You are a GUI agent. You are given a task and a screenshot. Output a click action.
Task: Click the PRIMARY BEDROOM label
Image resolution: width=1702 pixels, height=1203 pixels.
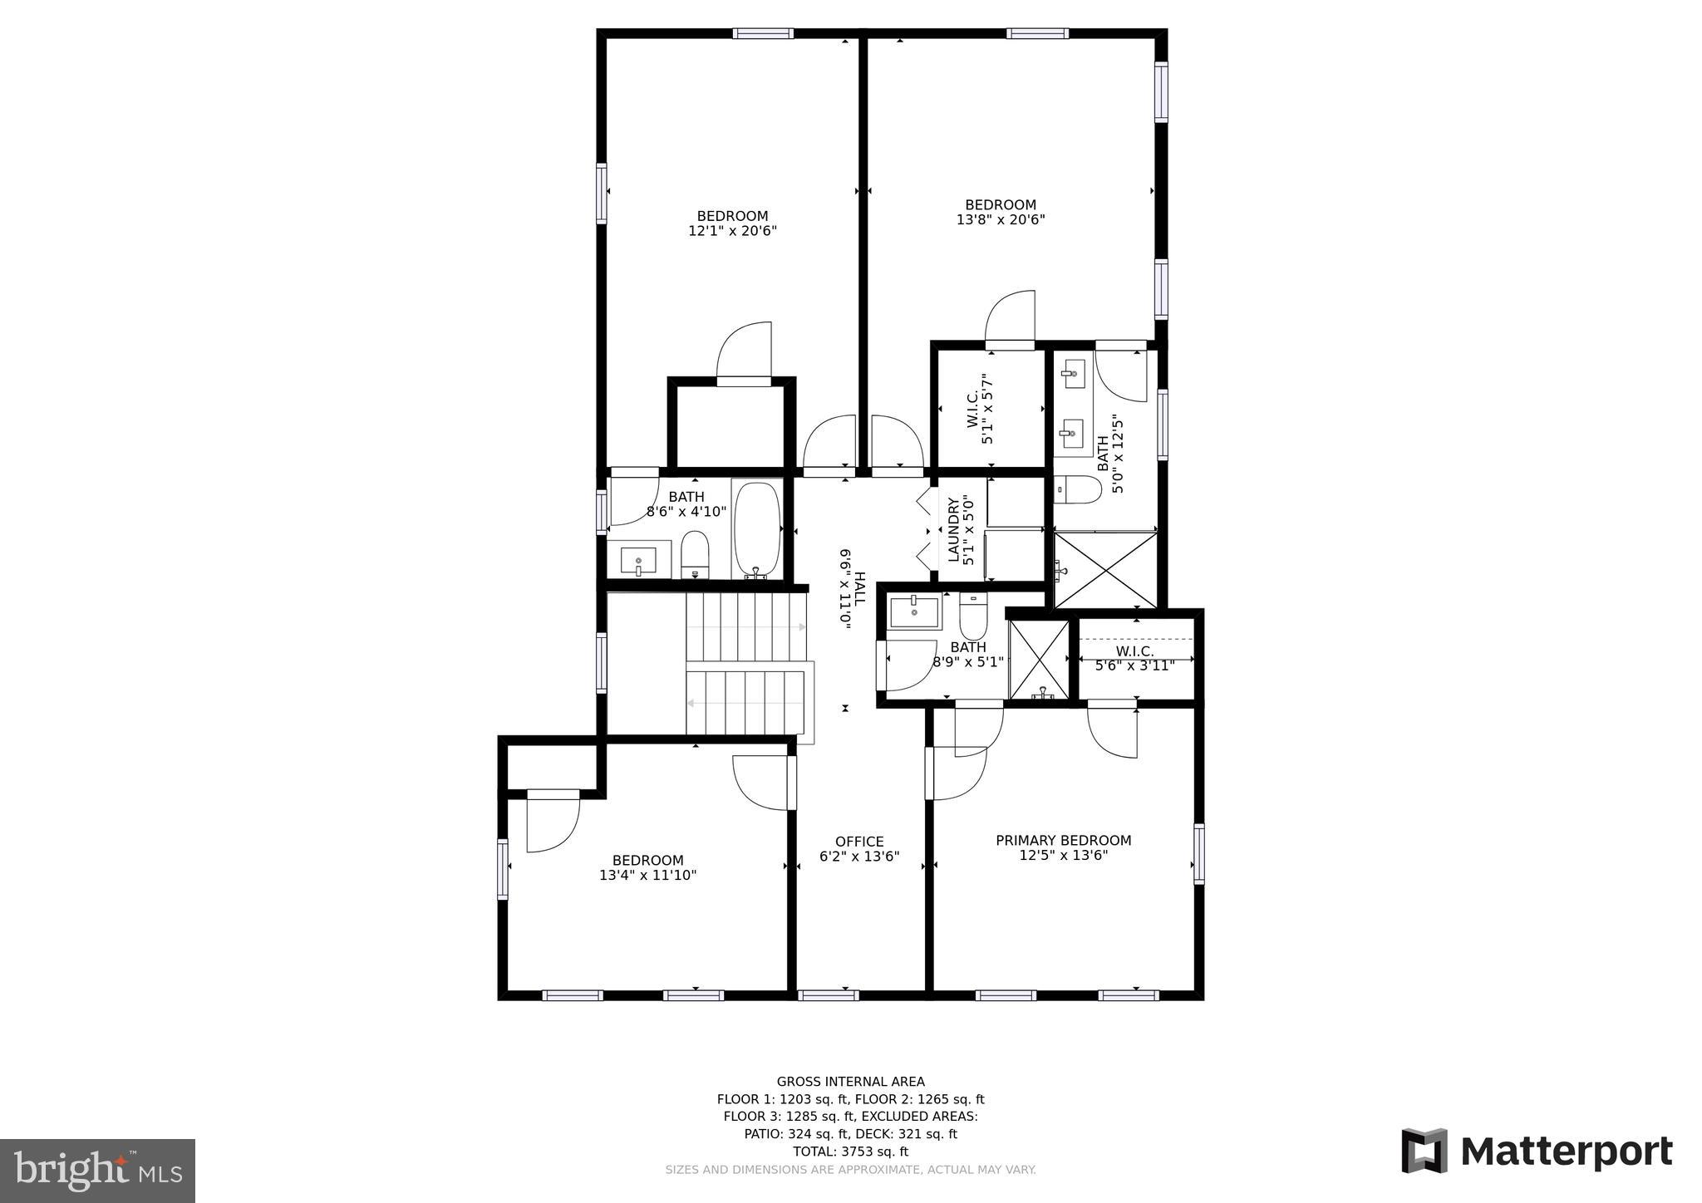pos(1063,840)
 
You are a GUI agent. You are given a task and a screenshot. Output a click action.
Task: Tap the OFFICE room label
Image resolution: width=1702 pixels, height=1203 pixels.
pos(859,842)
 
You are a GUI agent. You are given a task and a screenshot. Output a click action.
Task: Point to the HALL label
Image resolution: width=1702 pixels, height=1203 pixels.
pos(859,587)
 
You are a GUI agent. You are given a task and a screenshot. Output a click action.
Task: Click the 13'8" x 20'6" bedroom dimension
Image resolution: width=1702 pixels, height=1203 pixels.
pos(1001,220)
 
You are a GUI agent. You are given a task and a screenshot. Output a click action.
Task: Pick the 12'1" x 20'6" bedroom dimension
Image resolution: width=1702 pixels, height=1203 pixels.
pos(732,231)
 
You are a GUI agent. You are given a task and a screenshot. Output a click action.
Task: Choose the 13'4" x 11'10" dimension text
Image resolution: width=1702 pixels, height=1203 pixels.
pos(647,875)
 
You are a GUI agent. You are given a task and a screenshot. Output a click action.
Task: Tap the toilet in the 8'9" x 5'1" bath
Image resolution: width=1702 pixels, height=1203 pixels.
pos(972,615)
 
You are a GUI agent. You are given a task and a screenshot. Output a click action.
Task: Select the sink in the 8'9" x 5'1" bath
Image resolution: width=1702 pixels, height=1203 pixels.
pos(914,611)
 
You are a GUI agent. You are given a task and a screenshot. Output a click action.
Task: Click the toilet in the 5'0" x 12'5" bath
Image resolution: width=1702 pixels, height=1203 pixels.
pos(1078,489)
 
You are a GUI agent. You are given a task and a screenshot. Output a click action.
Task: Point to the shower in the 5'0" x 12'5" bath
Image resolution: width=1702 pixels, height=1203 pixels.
pos(1105,570)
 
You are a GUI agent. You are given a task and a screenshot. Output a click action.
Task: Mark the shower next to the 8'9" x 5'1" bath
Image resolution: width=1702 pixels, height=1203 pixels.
pos(1039,660)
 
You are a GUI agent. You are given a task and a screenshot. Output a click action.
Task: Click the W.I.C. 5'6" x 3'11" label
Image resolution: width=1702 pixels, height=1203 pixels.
pos(1134,658)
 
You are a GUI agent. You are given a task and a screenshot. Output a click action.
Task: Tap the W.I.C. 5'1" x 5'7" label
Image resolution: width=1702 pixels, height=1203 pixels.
pos(980,408)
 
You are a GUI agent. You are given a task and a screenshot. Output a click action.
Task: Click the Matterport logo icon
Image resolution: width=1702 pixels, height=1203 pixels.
pos(1424,1151)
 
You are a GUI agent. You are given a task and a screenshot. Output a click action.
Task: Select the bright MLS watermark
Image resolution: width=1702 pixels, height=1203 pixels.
pos(98,1171)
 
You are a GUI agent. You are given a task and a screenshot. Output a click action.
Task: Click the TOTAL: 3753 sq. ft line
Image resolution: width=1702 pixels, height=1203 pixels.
pos(850,1151)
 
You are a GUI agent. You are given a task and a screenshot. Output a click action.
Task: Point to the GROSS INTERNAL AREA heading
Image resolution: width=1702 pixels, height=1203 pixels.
pos(850,1082)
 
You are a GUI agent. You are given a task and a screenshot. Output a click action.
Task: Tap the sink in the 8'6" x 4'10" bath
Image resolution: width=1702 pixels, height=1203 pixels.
pos(638,560)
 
